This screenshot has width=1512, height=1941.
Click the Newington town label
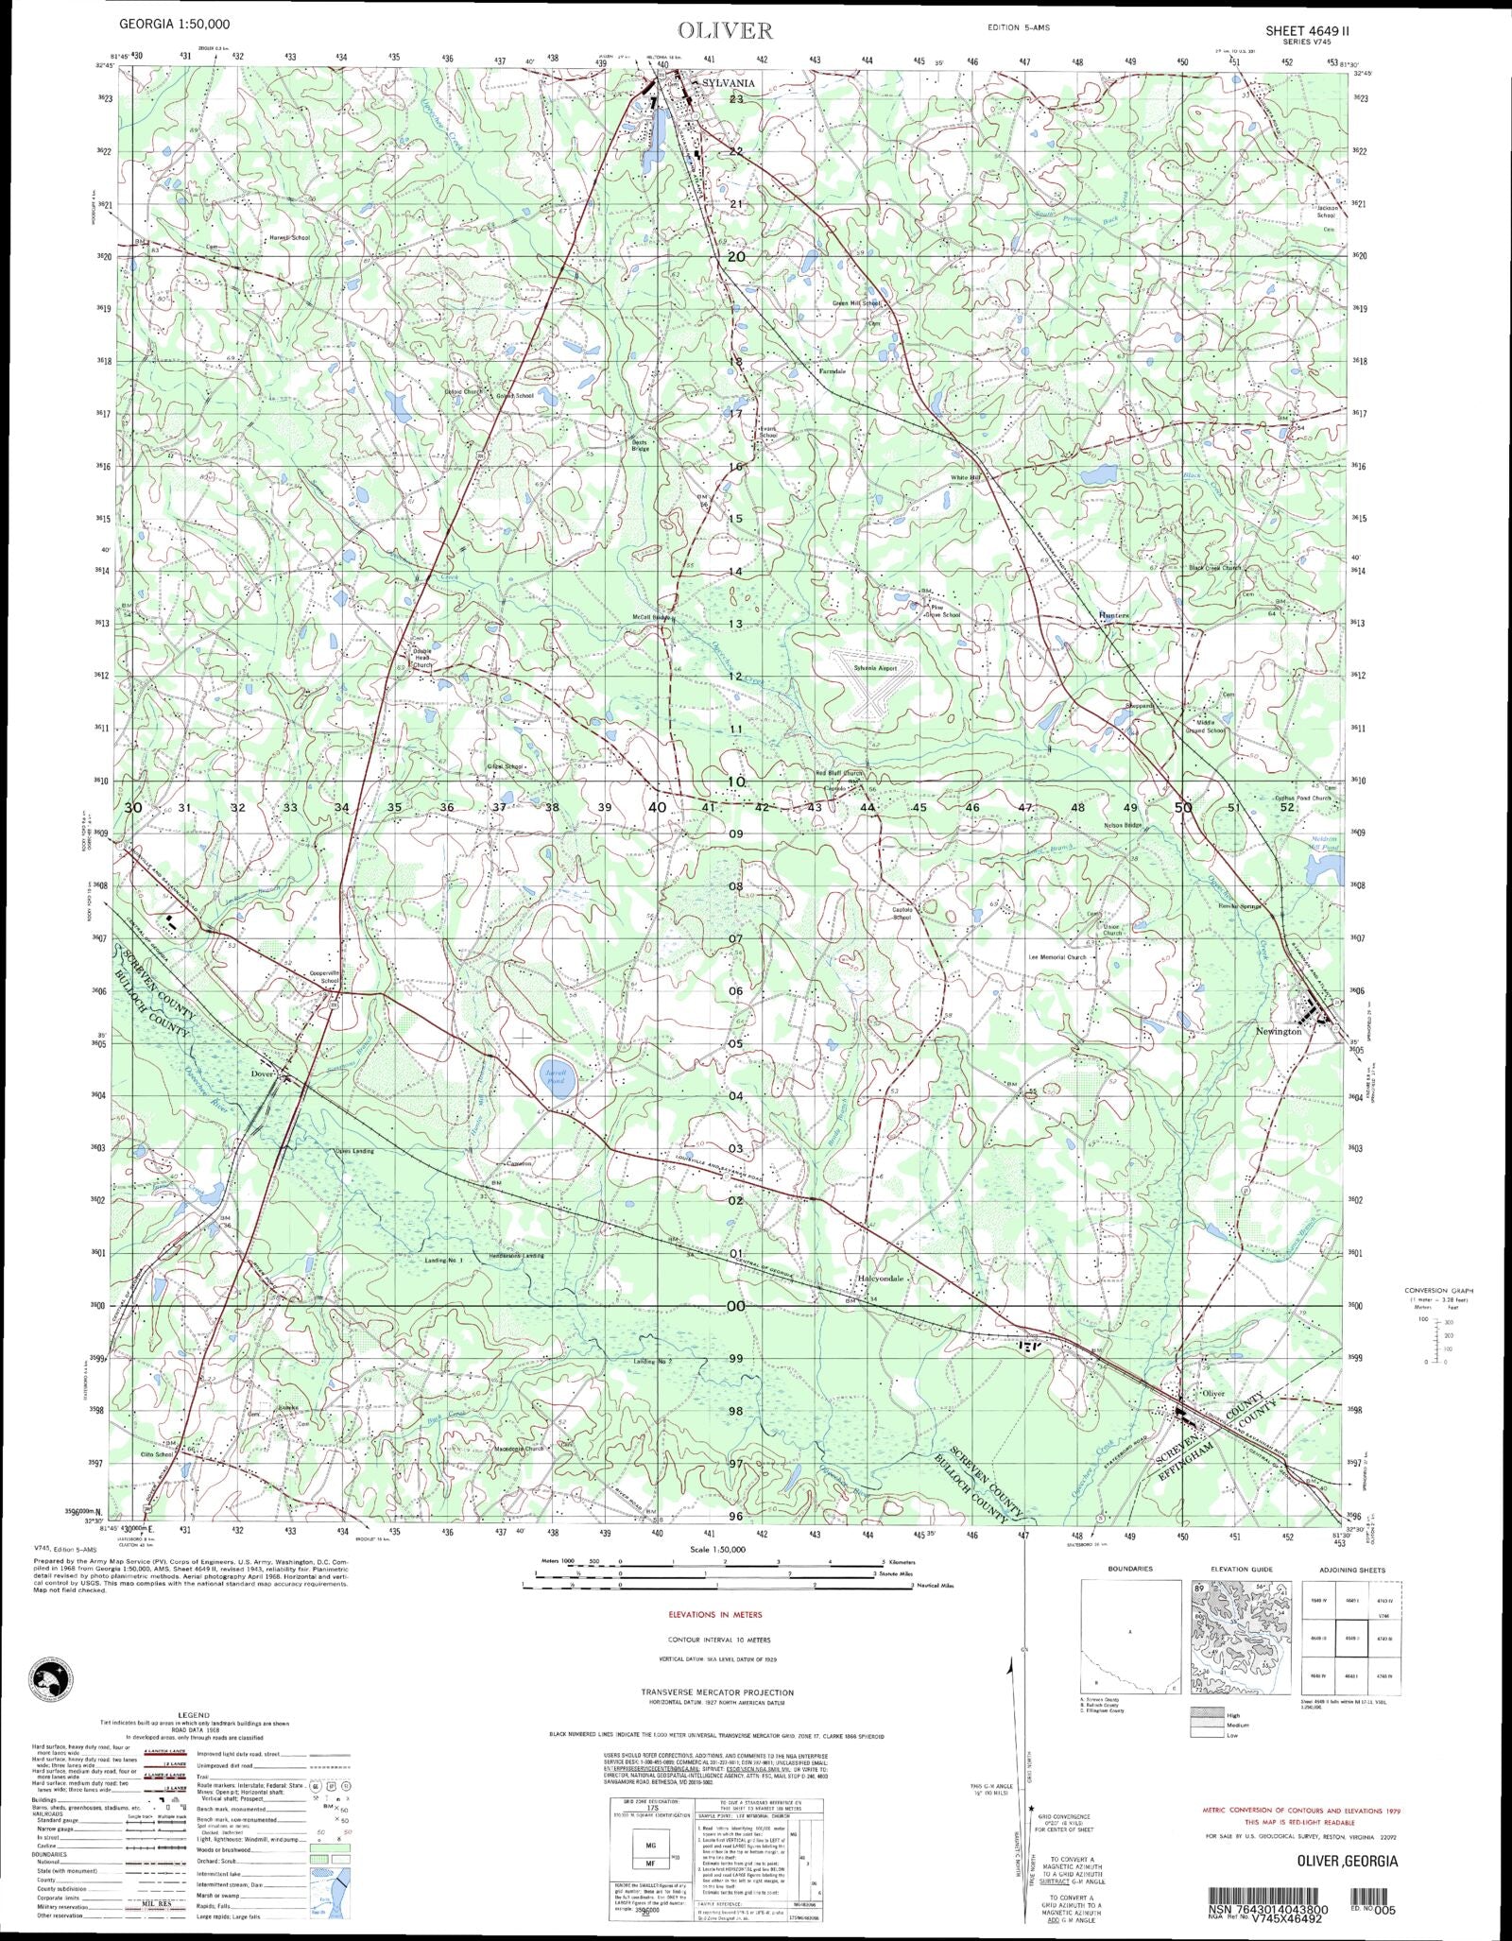point(1278,1032)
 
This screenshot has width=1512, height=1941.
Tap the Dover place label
point(261,1074)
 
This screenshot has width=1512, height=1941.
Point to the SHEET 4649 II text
point(1309,29)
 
